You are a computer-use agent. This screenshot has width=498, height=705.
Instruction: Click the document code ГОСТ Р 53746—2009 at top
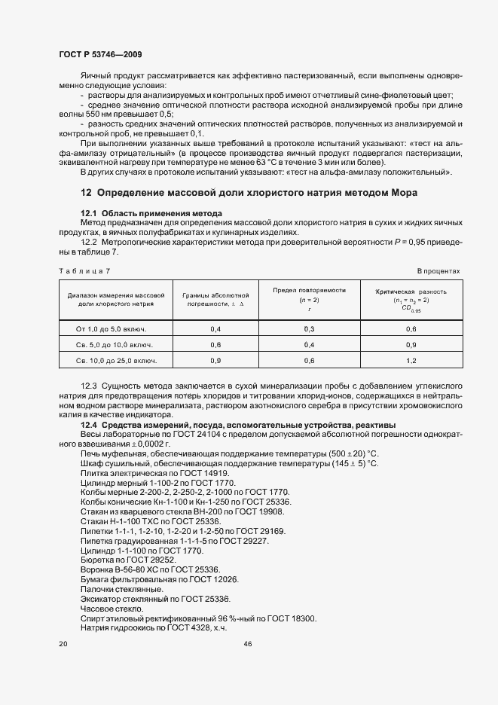pyautogui.click(x=99, y=54)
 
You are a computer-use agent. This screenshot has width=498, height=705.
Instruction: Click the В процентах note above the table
pyautogui.click(x=438, y=270)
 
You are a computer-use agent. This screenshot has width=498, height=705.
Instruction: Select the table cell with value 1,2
pyautogui.click(x=411, y=361)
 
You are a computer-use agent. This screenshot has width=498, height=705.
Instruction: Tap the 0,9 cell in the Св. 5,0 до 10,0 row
pyautogui.click(x=411, y=345)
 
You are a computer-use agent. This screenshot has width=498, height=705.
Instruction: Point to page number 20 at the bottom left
pyautogui.click(x=63, y=644)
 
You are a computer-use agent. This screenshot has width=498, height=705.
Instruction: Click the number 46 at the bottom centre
pyautogui.click(x=249, y=644)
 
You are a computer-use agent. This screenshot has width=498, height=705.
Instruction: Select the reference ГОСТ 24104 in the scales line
pyautogui.click(x=194, y=434)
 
